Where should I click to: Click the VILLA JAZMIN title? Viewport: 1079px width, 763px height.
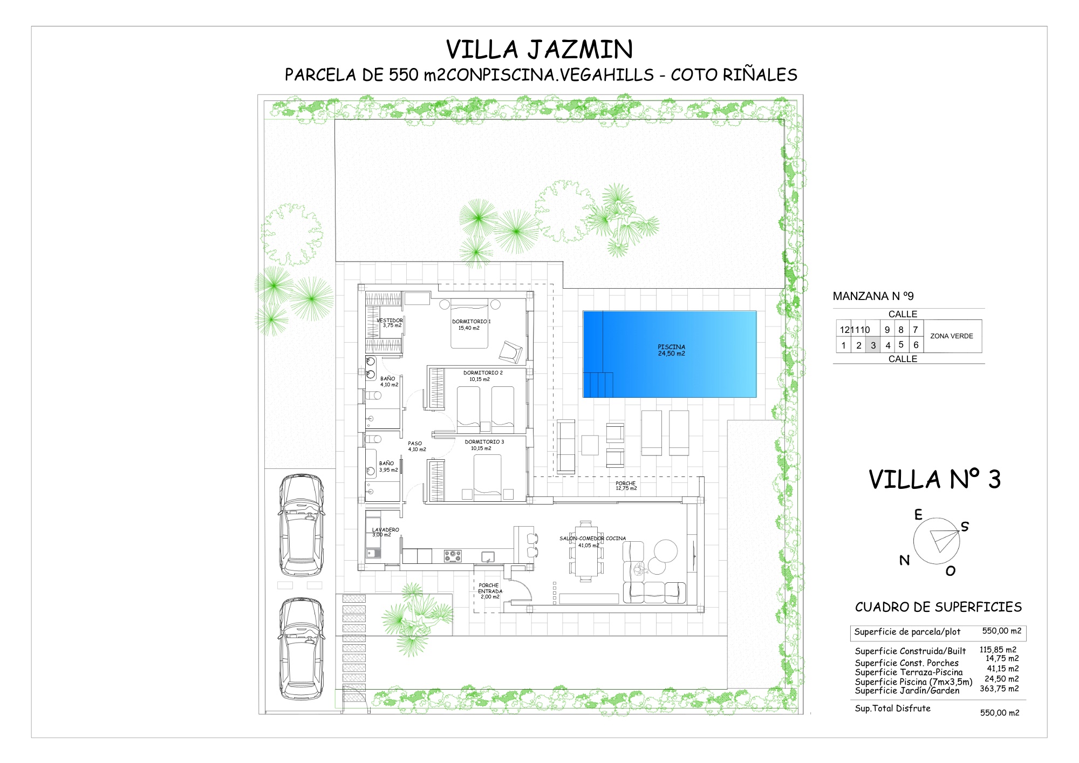[539, 50]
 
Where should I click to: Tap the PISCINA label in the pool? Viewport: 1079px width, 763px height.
[671, 347]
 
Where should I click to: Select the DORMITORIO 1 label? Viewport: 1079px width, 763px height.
[471, 322]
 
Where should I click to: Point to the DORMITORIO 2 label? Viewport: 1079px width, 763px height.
[483, 373]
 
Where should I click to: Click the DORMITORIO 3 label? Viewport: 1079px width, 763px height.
[484, 442]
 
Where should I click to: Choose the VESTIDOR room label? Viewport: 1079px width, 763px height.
[390, 321]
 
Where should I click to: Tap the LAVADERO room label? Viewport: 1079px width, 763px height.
[386, 530]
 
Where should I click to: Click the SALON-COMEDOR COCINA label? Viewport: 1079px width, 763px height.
[592, 539]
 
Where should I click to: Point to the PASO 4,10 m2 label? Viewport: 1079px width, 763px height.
[417, 446]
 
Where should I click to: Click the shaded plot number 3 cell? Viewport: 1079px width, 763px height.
[873, 345]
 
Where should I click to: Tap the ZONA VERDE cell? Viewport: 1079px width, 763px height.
[952, 336]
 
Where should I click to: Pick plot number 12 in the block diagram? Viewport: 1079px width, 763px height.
[844, 330]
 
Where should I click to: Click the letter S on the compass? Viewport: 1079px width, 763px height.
[965, 527]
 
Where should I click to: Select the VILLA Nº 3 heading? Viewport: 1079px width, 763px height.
[934, 479]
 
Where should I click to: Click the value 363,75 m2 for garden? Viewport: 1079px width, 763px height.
[999, 689]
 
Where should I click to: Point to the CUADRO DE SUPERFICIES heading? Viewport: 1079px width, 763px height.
[938, 607]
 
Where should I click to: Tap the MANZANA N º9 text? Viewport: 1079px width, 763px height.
[873, 296]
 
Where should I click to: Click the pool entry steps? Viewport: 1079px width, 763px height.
[598, 385]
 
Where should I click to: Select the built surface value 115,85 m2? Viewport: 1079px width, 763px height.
[998, 650]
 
